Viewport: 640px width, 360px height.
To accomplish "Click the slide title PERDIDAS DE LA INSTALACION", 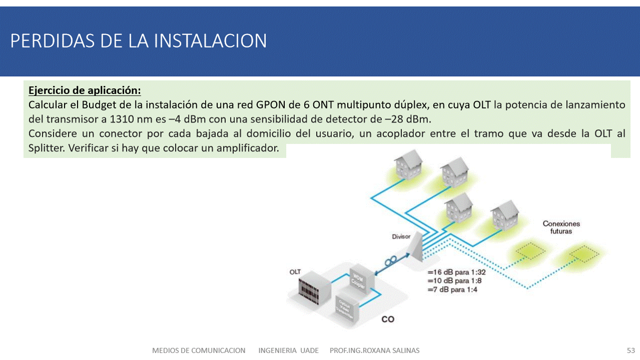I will [x=139, y=41].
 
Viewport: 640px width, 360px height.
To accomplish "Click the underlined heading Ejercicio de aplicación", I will [x=85, y=90].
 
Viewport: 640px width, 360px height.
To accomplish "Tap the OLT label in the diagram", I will [x=295, y=272].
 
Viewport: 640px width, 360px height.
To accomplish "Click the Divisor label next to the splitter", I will [x=401, y=236].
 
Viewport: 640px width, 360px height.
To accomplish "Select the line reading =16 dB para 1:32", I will [x=456, y=272].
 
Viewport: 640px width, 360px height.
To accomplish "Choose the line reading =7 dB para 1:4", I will [x=452, y=289].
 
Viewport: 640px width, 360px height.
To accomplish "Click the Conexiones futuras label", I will [x=561, y=227].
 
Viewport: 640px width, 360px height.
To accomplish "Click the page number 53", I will [x=630, y=350].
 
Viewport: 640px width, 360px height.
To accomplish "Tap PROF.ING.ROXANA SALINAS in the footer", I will [x=374, y=350].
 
